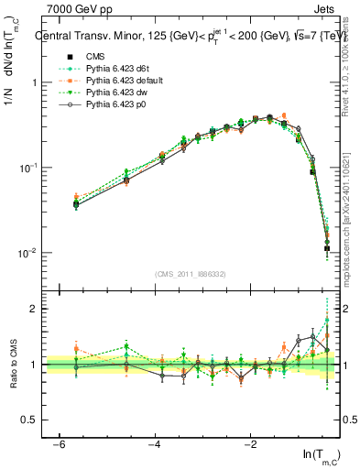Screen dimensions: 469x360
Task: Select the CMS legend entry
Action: coord(95,56)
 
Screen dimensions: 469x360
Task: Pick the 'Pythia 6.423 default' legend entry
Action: coord(122,82)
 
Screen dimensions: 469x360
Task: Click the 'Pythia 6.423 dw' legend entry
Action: coord(114,94)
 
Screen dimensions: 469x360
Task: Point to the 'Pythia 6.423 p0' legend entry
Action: coord(114,107)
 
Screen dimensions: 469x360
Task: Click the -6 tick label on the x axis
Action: coord(59,444)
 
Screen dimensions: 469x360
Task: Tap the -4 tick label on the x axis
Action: coord(154,444)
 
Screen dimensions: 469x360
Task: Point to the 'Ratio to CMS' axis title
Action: coord(12,376)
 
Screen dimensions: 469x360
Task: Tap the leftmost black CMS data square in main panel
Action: coord(76,204)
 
